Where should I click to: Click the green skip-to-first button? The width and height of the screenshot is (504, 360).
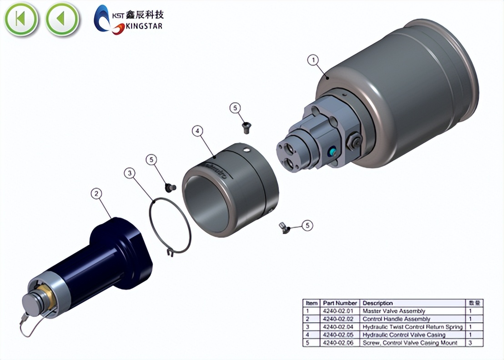point(21,19)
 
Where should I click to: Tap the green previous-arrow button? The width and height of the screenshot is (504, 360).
point(62,19)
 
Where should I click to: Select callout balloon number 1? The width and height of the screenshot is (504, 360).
point(313,60)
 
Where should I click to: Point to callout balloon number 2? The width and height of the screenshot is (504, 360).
point(96,194)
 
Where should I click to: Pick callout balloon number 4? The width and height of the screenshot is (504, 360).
point(197,131)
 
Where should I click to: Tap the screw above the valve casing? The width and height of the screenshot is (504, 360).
point(246,128)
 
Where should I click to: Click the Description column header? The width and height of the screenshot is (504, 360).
point(378,303)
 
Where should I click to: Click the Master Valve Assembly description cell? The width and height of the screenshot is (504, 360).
point(393,311)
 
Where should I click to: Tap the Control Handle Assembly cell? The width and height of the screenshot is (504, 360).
point(396,319)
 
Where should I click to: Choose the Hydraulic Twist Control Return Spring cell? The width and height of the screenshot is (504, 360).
point(412,327)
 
